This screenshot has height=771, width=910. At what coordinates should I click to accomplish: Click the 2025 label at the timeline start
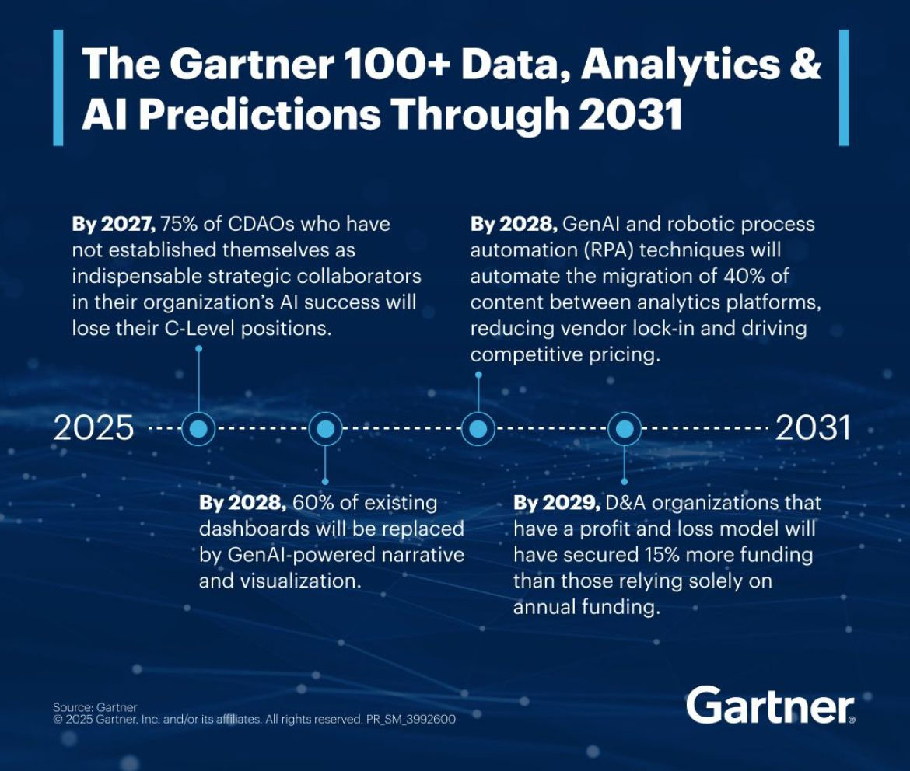click(x=93, y=428)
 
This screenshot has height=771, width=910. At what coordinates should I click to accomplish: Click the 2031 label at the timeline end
click(x=813, y=428)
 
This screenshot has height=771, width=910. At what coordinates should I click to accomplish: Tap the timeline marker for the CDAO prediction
click(x=198, y=429)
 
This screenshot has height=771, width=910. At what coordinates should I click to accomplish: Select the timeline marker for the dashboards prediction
click(x=325, y=429)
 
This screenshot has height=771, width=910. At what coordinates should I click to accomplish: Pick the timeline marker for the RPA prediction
click(x=478, y=429)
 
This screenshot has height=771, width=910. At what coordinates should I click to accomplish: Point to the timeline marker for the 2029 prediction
click(x=625, y=429)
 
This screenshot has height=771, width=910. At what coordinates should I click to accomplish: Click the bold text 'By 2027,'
click(x=114, y=224)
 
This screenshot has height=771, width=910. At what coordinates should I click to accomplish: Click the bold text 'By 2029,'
click(x=557, y=502)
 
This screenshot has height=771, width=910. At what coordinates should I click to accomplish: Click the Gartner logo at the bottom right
click(x=770, y=704)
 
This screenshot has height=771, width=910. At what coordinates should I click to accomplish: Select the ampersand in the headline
click(x=806, y=64)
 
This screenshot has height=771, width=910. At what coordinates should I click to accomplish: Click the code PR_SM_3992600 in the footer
click(x=411, y=720)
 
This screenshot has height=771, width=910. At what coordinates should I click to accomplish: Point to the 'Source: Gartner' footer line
click(x=95, y=707)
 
